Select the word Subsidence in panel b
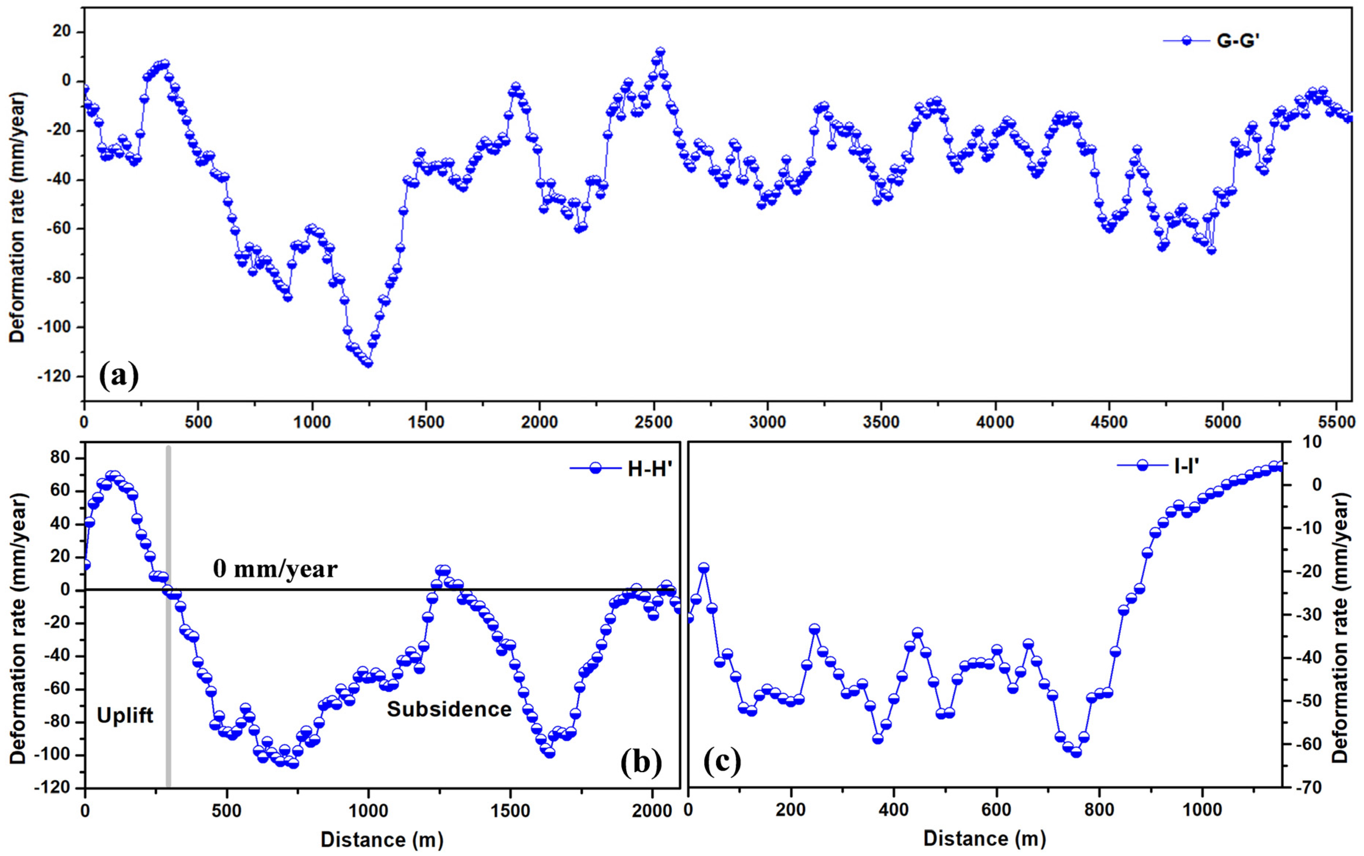[x=449, y=709]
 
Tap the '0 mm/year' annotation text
[x=275, y=568]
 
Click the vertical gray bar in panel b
[x=168, y=679]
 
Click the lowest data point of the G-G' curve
[x=368, y=363]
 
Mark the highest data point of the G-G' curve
[x=660, y=51]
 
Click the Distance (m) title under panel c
[x=984, y=838]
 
